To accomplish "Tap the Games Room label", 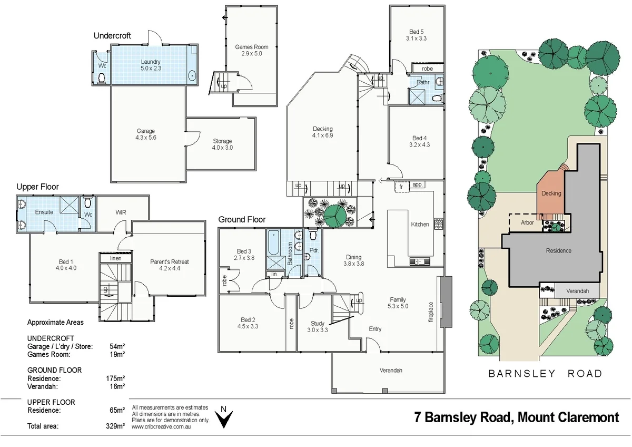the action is (252, 47).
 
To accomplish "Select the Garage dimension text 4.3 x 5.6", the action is (145, 138).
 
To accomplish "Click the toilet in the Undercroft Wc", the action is (101, 78).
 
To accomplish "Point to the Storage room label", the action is (222, 141).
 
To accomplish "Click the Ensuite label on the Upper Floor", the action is (44, 212).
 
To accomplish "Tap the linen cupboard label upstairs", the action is (116, 258).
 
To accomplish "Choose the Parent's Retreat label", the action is (169, 262).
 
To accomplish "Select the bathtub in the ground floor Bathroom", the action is (273, 243).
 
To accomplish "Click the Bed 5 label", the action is (417, 32).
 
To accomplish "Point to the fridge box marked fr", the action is (401, 187).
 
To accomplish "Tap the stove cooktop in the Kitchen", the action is (438, 225).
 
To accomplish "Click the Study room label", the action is (318, 323).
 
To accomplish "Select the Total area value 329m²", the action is (115, 426).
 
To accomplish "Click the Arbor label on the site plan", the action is (527, 222).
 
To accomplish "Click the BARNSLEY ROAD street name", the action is (546, 374).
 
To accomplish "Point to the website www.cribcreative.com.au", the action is (161, 426).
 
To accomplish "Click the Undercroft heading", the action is (112, 35).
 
